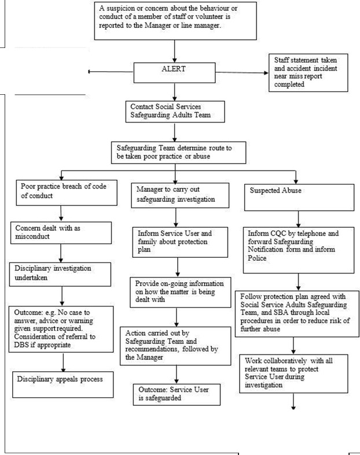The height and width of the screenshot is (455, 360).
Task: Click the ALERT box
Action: click(x=174, y=72)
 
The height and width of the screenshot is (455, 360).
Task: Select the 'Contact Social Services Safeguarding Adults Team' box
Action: click(x=175, y=112)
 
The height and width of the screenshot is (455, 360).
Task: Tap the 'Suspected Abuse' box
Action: click(x=299, y=197)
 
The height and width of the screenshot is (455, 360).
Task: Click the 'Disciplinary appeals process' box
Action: click(x=63, y=384)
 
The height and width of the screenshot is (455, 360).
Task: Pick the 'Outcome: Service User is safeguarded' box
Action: click(x=177, y=394)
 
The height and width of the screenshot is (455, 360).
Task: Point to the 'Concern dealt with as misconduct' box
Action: click(x=61, y=233)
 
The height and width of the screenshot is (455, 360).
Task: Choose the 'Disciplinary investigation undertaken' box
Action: click(x=60, y=274)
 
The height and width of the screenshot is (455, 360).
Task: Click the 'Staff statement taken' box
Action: click(x=308, y=72)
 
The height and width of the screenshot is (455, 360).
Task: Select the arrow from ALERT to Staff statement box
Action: click(x=242, y=72)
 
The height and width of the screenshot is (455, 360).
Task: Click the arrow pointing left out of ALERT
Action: click(x=111, y=71)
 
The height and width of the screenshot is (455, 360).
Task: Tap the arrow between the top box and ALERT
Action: click(x=175, y=51)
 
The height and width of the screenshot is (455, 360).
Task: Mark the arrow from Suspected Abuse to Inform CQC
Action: click(x=298, y=219)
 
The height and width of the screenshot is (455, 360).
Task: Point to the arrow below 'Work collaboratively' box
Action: click(x=293, y=401)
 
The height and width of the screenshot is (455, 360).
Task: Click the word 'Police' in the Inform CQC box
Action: click(x=257, y=258)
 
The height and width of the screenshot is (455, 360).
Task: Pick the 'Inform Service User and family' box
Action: click(x=180, y=242)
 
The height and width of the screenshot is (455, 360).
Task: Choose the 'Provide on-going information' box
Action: click(x=181, y=292)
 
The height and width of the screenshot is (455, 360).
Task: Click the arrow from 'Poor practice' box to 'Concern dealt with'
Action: click(x=61, y=213)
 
